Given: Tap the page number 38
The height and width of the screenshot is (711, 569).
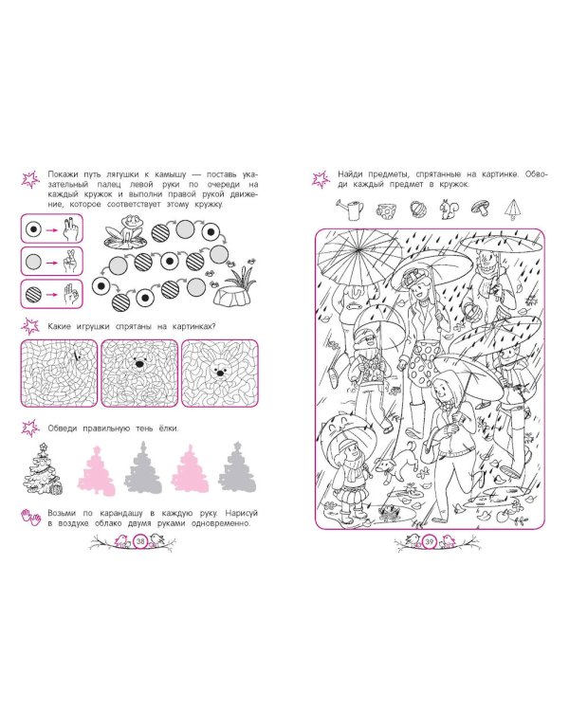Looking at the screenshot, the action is point(140,541).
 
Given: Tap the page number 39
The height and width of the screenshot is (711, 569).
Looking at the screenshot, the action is point(430,541).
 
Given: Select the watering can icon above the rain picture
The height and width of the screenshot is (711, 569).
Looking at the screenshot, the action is point(350,209).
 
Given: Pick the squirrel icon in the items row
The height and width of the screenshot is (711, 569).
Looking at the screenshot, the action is point(450,210).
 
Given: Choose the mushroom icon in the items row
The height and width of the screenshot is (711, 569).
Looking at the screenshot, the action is point(481,209).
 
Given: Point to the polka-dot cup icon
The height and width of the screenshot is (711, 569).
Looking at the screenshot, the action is point(386,210).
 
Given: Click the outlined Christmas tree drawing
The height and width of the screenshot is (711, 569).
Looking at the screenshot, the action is point(43,468).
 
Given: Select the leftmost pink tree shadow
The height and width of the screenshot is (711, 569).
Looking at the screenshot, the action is point(96,470).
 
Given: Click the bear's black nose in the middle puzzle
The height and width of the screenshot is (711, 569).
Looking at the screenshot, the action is point(139,364).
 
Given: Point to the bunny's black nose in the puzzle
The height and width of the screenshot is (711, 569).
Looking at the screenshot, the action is point(220,373).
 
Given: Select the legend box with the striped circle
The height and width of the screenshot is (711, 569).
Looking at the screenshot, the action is point(52,294).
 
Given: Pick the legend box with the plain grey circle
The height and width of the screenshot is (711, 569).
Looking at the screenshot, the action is point(52,262).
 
